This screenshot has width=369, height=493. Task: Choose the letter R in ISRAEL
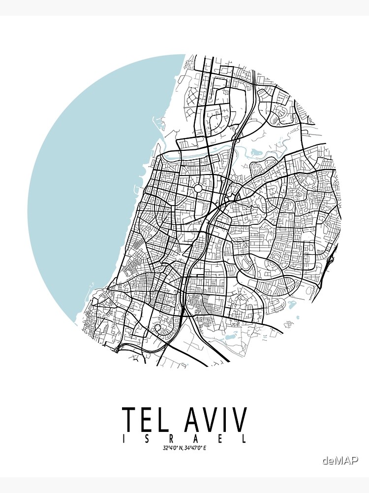[172, 439]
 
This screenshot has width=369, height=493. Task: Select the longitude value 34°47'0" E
[196, 448]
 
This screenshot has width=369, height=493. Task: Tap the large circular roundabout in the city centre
[198, 188]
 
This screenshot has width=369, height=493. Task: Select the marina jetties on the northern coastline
[159, 121]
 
